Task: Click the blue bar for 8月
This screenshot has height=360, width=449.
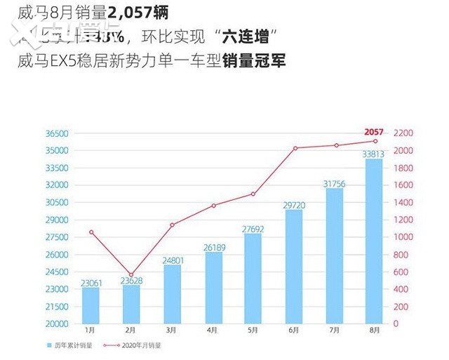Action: (x=374, y=241)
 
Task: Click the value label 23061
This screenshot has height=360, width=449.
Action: (x=91, y=283)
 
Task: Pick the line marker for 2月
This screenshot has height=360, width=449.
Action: (x=130, y=275)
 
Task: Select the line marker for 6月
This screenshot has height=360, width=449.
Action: (x=295, y=148)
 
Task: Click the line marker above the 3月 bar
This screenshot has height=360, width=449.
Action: (x=172, y=225)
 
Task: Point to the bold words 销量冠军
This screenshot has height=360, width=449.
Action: (x=253, y=62)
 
